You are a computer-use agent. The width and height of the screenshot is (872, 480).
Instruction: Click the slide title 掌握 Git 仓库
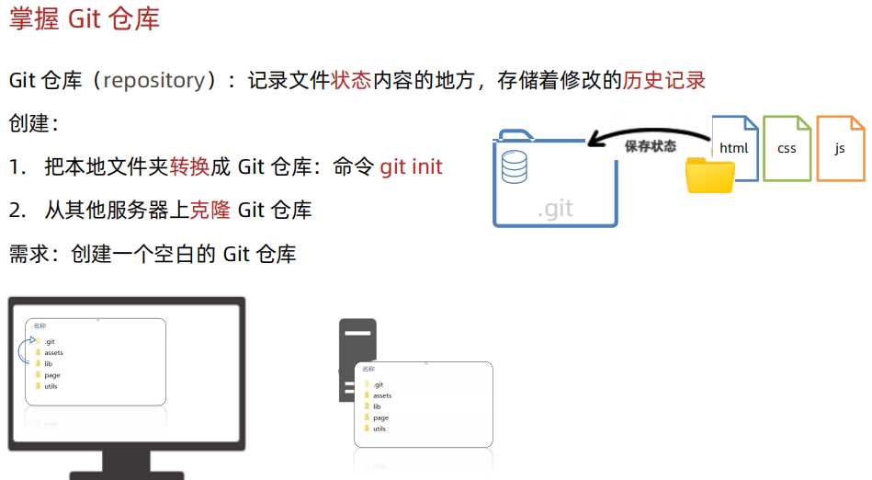point(85,19)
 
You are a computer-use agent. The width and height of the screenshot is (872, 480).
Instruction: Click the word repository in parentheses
point(154,80)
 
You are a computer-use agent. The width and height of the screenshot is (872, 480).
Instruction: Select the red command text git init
point(411,166)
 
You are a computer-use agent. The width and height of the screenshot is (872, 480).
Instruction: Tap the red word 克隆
point(210,210)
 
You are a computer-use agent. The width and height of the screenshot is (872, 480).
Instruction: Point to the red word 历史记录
point(663,80)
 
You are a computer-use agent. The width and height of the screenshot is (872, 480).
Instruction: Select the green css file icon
point(787,147)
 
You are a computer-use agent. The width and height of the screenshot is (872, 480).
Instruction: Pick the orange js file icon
point(840,147)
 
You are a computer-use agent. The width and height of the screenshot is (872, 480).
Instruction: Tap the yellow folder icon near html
point(709,176)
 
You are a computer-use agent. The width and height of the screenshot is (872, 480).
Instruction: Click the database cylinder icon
point(514,166)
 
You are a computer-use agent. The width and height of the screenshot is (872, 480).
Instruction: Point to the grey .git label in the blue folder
point(555,209)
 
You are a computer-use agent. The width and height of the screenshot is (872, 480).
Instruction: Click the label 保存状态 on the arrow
point(650,146)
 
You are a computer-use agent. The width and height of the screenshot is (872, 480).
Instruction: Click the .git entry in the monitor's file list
point(50,341)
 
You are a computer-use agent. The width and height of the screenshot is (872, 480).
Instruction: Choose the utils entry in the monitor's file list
point(51,386)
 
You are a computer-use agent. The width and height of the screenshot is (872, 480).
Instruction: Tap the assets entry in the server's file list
point(381,395)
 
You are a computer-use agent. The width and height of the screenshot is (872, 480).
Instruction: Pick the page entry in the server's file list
point(380,417)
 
